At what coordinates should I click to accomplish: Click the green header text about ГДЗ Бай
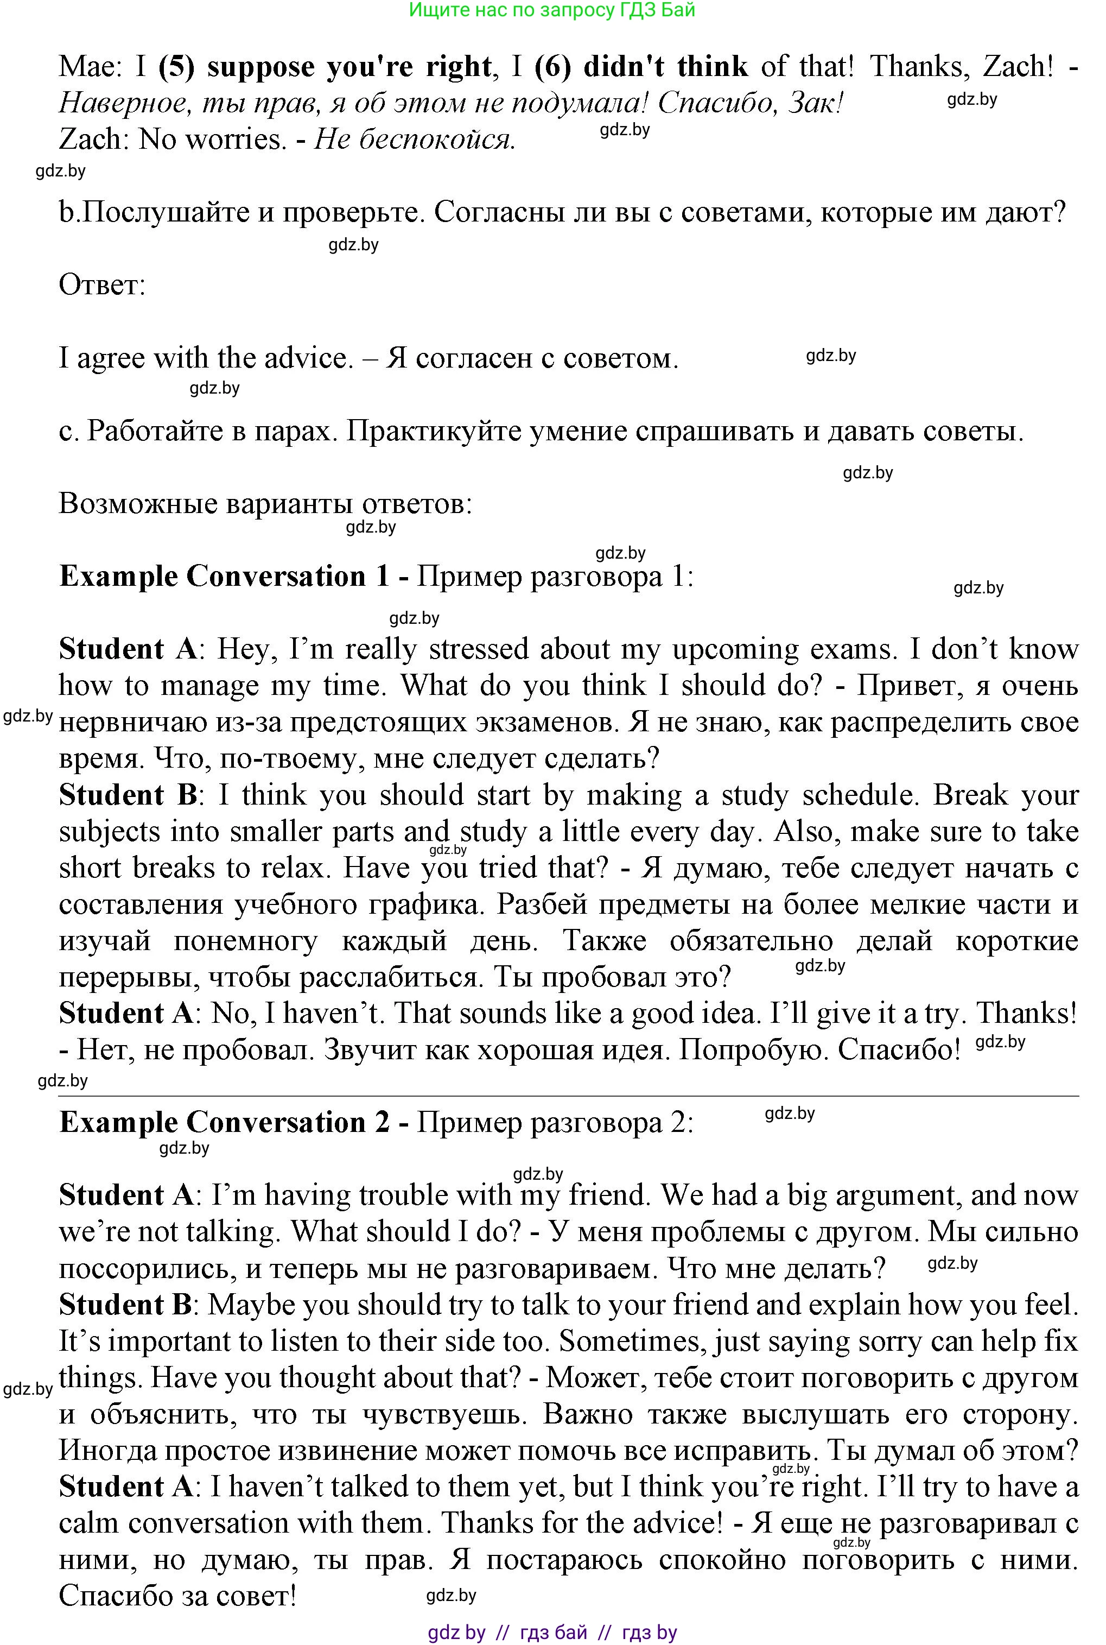[552, 10]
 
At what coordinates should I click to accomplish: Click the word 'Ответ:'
[102, 285]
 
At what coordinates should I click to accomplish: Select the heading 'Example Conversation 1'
[224, 577]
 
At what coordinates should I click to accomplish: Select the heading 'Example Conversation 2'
[224, 1122]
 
